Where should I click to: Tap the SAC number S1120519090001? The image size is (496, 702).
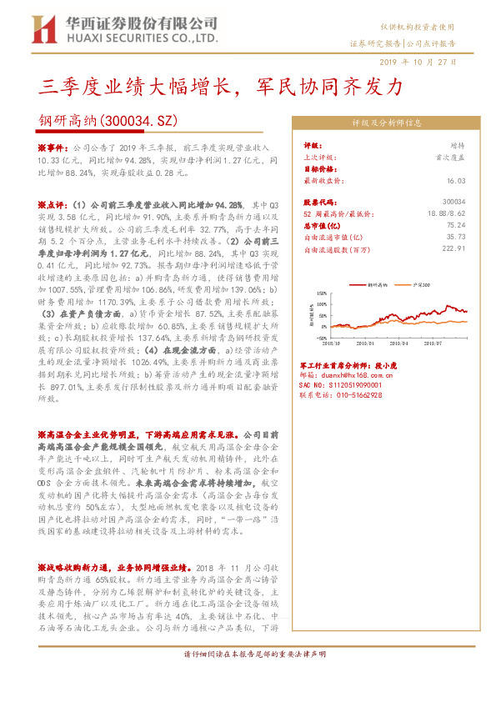click(341, 385)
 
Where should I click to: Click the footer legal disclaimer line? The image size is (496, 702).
click(248, 676)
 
